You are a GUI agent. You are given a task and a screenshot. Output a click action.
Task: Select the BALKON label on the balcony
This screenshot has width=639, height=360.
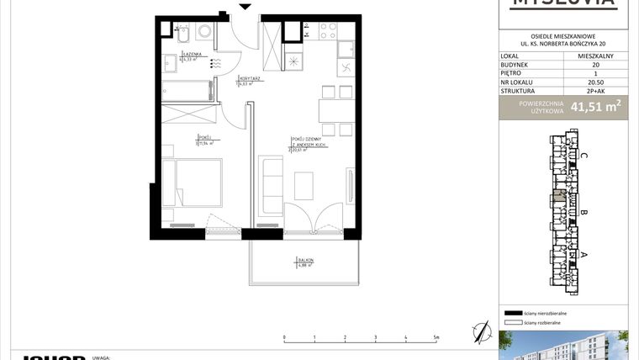pos(304,261)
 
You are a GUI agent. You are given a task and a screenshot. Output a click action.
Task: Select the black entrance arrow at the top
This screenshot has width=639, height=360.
pos(245,8)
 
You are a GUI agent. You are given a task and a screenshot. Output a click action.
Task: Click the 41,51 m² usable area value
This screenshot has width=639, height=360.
pos(594,107)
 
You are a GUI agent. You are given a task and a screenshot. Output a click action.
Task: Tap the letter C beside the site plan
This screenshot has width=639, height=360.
pos(584,155)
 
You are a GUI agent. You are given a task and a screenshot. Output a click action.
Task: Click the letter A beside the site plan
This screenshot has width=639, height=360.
pos(584,254)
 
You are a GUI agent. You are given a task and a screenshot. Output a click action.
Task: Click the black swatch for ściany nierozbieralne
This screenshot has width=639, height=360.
pos(511,312)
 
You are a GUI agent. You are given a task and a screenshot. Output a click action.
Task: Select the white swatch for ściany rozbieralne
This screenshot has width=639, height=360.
pos(511,321)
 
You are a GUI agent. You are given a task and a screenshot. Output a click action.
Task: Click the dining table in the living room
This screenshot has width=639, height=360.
pos(332,110)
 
